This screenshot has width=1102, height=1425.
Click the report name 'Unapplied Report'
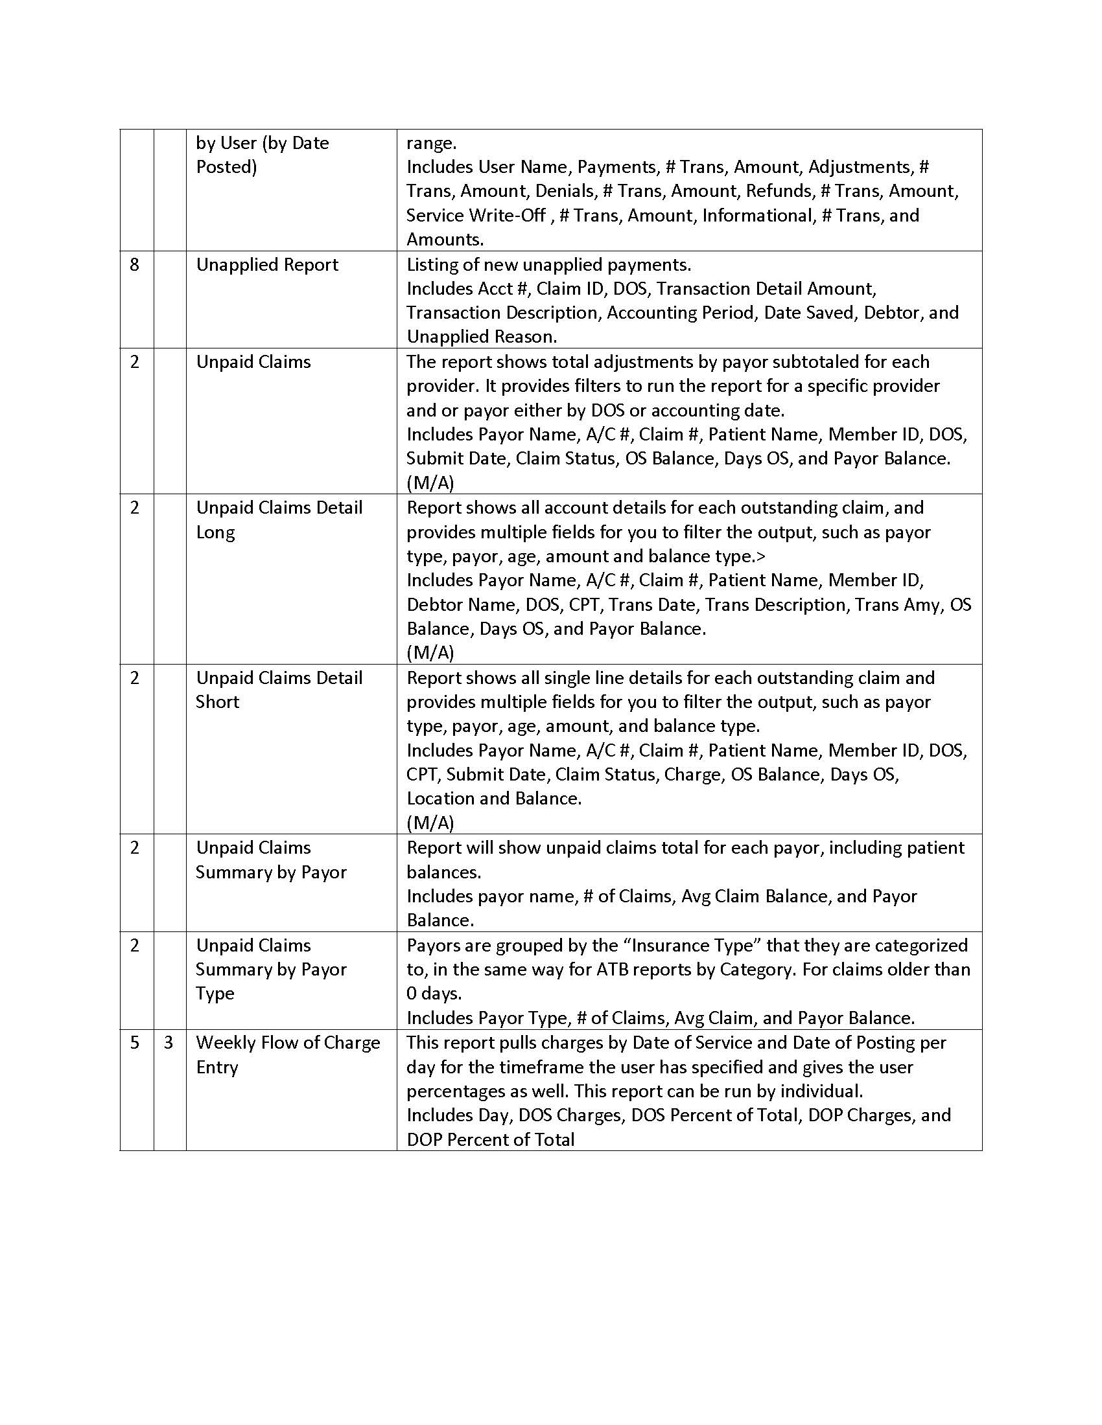(x=267, y=265)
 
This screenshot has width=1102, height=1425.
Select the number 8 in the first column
(x=134, y=265)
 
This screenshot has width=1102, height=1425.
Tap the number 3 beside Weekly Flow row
(x=169, y=1043)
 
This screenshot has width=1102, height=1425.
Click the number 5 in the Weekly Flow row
(x=134, y=1043)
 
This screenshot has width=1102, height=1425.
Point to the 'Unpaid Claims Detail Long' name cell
(x=279, y=519)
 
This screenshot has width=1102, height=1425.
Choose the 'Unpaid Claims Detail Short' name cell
(x=279, y=690)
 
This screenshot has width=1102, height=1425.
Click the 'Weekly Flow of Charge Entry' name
(x=288, y=1054)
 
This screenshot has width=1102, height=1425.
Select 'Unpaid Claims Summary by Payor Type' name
(x=271, y=969)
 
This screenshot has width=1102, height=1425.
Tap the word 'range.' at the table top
(x=432, y=143)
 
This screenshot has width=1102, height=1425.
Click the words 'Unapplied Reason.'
(x=482, y=337)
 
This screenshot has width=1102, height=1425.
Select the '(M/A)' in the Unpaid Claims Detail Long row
(x=430, y=652)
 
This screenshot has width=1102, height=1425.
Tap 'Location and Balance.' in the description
(x=493, y=799)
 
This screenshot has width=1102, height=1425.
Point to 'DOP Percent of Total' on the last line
(x=490, y=1140)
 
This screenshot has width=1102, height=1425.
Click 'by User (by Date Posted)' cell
(x=263, y=155)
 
